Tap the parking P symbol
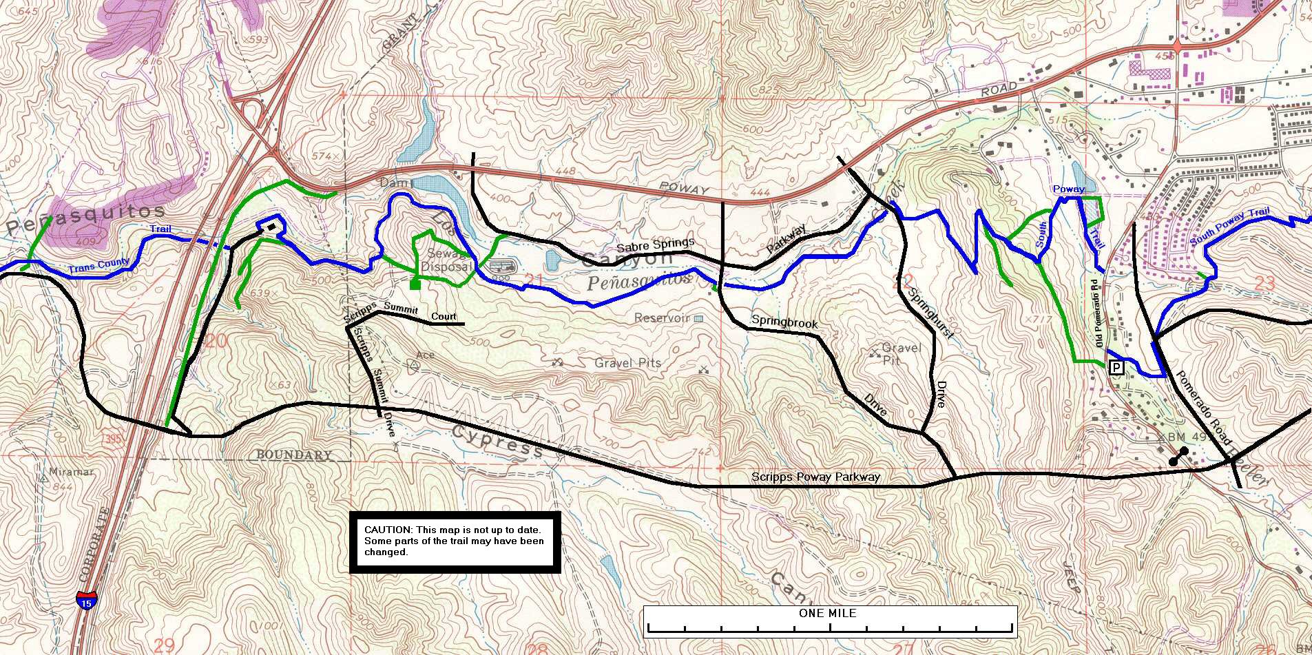(x=1116, y=367)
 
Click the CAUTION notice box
(x=455, y=542)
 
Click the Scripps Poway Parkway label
(x=815, y=477)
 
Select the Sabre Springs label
(x=655, y=246)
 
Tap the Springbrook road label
(x=784, y=321)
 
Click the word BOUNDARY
(x=294, y=455)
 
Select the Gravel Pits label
(x=627, y=363)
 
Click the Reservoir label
(x=662, y=318)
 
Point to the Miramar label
(x=67, y=472)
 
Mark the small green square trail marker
(x=415, y=284)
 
